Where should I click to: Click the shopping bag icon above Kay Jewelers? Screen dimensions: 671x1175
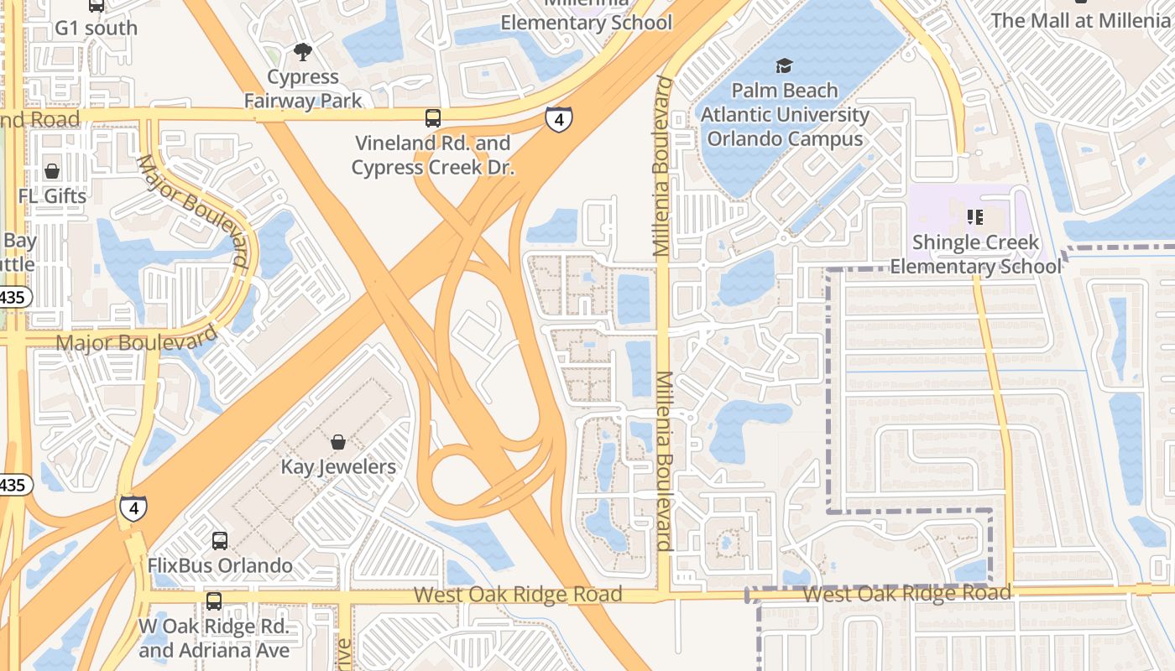338,442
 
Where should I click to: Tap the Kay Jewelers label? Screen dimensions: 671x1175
338,466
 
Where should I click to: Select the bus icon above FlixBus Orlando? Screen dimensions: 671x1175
220,541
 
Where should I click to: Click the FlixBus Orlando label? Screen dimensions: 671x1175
220,565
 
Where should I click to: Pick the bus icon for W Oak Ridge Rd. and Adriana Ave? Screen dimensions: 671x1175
214,601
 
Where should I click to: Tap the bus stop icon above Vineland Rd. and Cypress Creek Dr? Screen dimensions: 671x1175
433,118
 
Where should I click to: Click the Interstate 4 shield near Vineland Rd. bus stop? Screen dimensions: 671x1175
558,119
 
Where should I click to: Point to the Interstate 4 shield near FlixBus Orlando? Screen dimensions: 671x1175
133,507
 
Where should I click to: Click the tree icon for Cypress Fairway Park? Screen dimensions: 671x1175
302,52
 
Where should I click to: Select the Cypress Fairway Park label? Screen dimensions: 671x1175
303,89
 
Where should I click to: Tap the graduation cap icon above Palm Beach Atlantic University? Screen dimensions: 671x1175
784,66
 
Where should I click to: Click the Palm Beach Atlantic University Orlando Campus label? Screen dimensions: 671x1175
785,114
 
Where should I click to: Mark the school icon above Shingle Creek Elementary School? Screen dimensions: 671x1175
975,218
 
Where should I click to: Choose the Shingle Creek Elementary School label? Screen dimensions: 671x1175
975,254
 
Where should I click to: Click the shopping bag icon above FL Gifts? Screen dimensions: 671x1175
52,172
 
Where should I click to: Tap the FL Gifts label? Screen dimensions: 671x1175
52,196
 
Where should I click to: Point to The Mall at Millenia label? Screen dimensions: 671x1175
1081,20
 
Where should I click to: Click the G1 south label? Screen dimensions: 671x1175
96,28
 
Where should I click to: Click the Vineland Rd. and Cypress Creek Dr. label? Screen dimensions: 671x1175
432,155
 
